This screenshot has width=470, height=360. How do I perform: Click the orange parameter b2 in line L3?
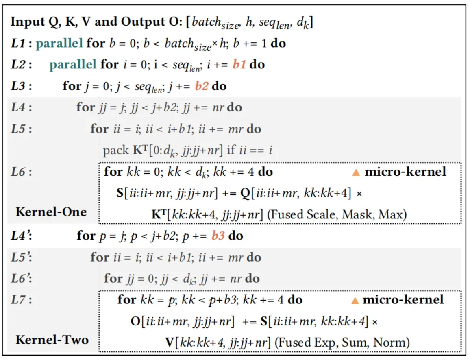click(x=201, y=86)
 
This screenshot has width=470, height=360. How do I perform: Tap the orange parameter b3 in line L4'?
click(x=218, y=236)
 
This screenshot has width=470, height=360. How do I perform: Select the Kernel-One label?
click(x=51, y=212)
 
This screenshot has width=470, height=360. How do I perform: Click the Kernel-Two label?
click(x=52, y=340)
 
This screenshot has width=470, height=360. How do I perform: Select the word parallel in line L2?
click(x=73, y=65)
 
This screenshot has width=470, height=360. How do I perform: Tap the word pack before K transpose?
click(x=116, y=151)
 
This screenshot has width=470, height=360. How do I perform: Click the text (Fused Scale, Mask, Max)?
click(x=337, y=214)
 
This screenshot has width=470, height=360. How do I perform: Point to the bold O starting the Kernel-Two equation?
click(x=135, y=322)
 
